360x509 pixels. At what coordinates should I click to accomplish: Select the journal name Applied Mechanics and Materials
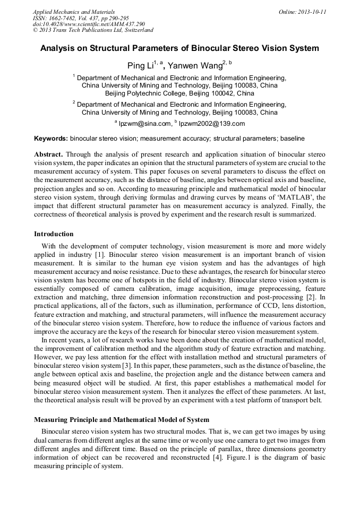tap(73, 11)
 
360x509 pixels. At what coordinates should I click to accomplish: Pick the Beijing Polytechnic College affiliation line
tap(179, 93)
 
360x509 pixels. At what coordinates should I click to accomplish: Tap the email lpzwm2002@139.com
tap(211, 124)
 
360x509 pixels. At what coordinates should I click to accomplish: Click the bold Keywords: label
tap(51, 139)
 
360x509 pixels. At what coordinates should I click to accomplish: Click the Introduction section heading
tap(54, 234)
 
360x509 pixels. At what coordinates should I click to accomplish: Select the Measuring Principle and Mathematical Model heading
tap(122, 420)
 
